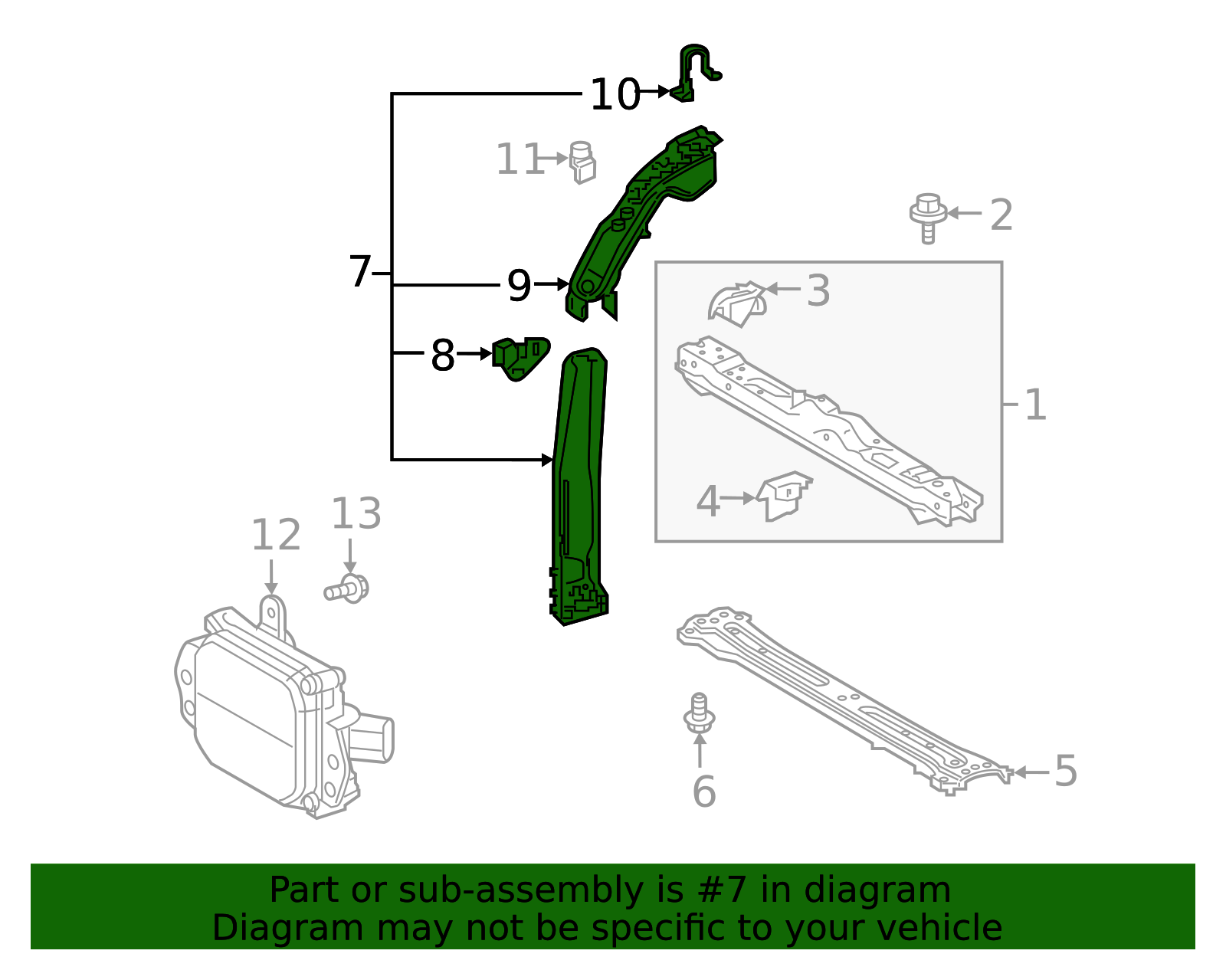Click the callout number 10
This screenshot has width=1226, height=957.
pos(615,95)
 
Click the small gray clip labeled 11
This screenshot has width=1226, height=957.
pos(583,162)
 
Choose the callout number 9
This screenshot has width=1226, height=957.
pos(519,286)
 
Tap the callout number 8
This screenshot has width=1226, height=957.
pos(443,356)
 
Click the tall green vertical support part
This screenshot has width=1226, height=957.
pos(579,490)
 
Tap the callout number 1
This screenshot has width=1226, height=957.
pos(1035,404)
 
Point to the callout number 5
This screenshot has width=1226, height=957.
pos(1066,771)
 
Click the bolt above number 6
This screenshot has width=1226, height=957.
pos(699,713)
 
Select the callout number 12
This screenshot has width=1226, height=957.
pos(276,535)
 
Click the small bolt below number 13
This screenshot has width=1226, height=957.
pos(347,589)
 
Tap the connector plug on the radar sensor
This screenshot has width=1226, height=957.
pos(373,739)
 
